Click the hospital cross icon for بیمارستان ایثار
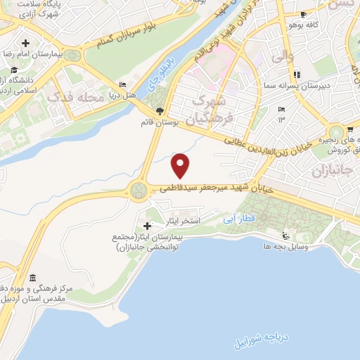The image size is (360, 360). click(x=147, y=225)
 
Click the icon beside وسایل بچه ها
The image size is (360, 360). click(x=285, y=236)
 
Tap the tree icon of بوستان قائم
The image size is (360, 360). click(x=161, y=110)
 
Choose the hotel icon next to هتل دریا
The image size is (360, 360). click(x=124, y=84)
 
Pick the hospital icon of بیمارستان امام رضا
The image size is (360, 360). click(x=26, y=42)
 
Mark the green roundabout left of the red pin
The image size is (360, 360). click(x=138, y=189)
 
